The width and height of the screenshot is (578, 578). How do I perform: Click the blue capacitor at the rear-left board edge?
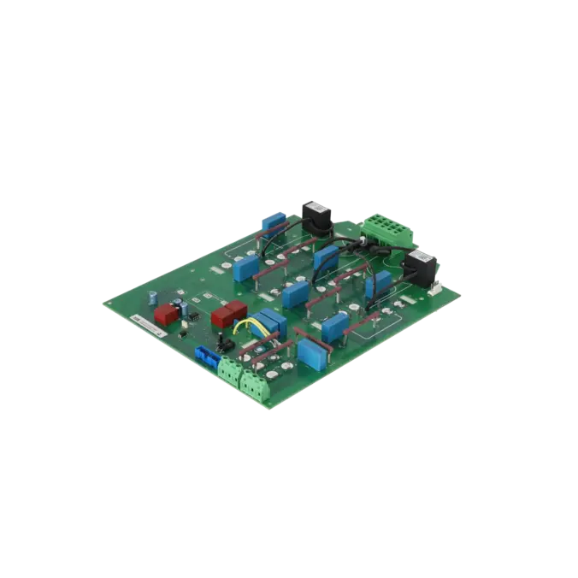point(274,222)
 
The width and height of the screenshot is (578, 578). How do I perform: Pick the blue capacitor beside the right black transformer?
point(378,282)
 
